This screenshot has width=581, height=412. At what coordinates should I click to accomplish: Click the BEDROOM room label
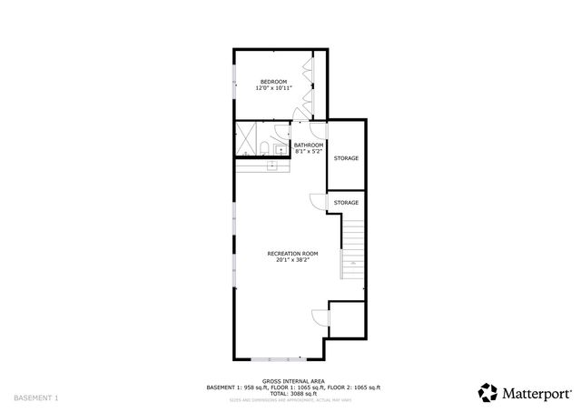pos(273,82)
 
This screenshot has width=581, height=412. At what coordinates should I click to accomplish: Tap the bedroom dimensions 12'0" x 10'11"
pos(273,88)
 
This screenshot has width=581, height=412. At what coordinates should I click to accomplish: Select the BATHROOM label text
pos(309,145)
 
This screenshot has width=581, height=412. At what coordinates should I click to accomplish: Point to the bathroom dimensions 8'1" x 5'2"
pos(309,151)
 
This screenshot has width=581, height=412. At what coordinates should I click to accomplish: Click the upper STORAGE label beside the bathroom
pos(346,158)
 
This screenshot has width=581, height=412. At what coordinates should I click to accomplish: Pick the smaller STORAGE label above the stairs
pos(346,202)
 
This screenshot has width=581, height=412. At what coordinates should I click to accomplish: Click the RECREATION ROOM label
pos(291,253)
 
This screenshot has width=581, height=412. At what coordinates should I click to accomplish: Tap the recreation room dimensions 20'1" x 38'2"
pos(291,259)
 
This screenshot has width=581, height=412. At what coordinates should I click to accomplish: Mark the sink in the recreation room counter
pos(271,166)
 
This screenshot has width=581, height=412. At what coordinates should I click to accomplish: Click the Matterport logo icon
pos(488,392)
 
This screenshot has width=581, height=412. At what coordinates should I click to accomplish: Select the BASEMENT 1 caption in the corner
pos(36,398)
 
